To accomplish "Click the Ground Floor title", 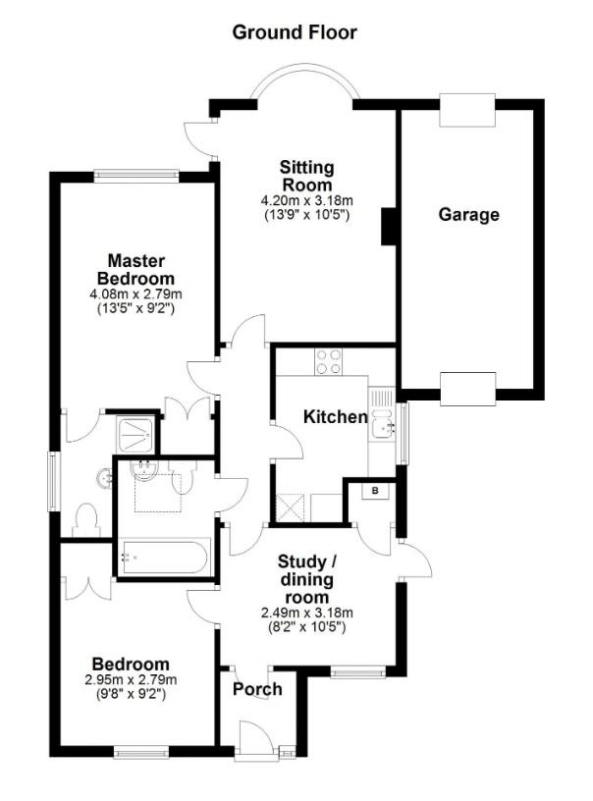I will [295, 32].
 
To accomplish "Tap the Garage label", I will [468, 215].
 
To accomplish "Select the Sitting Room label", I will [306, 176].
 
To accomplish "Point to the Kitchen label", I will [335, 417].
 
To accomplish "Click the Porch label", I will [257, 689].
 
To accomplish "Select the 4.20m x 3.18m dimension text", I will [306, 200].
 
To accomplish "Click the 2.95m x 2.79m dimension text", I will [132, 680].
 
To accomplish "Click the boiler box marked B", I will [378, 491].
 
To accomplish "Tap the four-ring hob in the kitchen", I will [328, 361].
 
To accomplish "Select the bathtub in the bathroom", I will [162, 558].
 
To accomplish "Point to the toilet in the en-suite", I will [87, 517].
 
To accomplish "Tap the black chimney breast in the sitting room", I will [389, 226].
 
